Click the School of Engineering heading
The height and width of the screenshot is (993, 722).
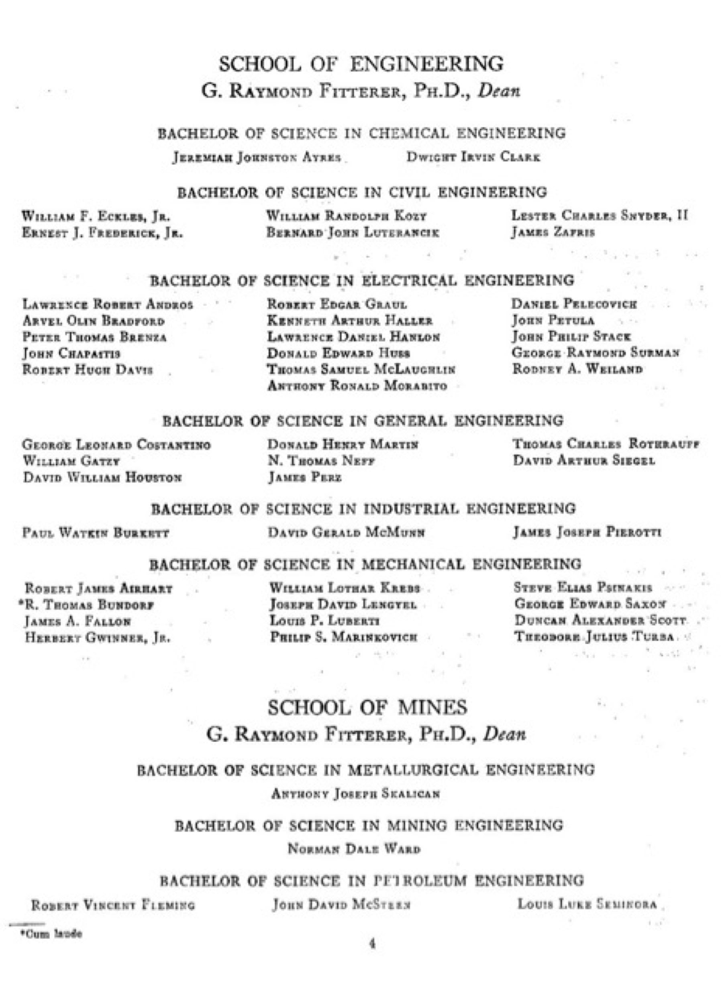361,64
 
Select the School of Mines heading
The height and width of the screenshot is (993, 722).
367,707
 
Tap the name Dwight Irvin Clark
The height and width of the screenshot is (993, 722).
473,157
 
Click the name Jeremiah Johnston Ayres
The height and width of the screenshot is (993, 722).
257,157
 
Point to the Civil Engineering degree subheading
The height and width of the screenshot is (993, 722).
362,192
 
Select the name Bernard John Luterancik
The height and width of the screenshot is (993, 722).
353,232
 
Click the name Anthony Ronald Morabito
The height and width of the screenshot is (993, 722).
357,386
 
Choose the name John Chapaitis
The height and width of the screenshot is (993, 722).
71,353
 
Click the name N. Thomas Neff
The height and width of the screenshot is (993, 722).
321,461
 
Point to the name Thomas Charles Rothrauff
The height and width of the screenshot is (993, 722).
606,444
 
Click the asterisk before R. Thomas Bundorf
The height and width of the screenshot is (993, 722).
20,603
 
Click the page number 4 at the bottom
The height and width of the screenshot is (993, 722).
372,944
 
